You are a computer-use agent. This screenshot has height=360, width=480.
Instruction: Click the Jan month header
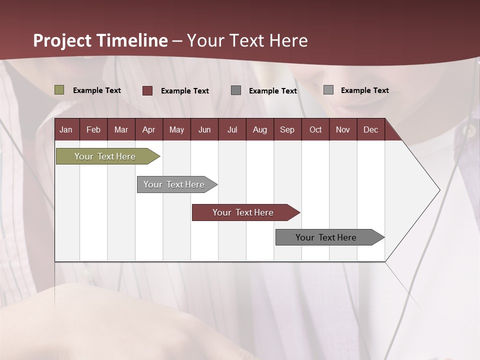(66, 129)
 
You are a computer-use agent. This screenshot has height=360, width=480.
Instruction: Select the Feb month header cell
(93, 129)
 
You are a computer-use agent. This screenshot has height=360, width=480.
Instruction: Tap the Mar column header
(121, 129)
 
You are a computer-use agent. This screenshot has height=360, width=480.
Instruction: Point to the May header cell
(176, 129)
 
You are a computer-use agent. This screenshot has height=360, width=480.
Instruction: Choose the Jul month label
(232, 129)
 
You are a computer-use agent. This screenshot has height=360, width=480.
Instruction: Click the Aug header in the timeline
(259, 129)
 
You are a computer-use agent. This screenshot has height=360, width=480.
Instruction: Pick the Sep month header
(287, 129)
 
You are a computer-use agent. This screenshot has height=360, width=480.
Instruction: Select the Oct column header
(315, 129)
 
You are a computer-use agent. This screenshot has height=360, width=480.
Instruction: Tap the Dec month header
(370, 129)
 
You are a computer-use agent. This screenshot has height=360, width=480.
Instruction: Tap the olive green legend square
(59, 90)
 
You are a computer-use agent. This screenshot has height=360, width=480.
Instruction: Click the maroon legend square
(147, 90)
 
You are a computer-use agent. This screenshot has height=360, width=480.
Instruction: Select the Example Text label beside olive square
(97, 90)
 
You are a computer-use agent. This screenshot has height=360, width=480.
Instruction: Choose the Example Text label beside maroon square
(185, 91)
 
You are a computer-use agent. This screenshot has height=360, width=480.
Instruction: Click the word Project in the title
(62, 40)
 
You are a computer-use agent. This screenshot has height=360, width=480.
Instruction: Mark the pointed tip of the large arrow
(439, 190)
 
